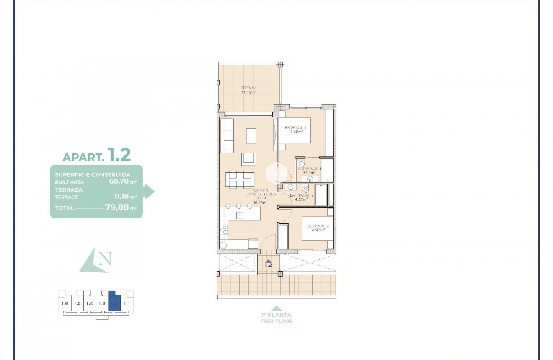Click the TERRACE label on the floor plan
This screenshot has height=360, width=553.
(248, 88)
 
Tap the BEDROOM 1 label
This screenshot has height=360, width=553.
(296, 127)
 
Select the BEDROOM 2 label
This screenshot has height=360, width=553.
(318, 226)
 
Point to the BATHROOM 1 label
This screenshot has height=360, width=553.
(310, 168)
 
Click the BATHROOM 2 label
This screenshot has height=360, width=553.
(302, 195)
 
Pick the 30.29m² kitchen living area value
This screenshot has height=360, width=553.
(260, 202)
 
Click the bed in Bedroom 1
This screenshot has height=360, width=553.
(296, 131)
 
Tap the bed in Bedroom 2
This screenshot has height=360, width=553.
(318, 228)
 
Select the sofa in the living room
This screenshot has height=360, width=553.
(227, 135)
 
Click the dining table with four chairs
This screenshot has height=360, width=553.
(239, 179)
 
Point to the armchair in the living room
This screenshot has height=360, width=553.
(248, 158)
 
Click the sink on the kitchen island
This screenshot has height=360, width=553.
(240, 215)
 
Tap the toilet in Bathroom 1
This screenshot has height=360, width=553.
(300, 163)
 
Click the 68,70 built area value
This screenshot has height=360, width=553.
(118, 181)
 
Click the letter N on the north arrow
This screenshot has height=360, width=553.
(106, 259)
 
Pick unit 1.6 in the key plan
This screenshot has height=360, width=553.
(65, 303)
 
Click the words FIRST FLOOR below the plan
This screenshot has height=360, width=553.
(276, 321)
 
